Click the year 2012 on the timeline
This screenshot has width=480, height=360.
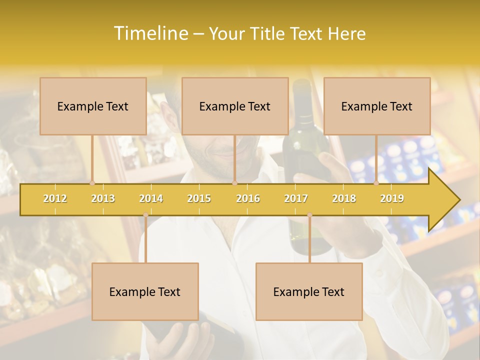point(55,198)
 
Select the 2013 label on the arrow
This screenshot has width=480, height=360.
point(103,198)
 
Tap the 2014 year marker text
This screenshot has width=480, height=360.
point(151,198)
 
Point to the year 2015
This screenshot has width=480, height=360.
point(199,198)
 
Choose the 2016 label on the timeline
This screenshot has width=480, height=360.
point(248,198)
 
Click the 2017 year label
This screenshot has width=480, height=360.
point(296,198)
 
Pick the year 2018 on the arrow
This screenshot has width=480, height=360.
point(344,198)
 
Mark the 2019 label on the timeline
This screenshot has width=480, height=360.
point(392,198)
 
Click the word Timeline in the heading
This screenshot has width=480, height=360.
point(150,33)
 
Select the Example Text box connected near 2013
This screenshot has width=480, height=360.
point(93,106)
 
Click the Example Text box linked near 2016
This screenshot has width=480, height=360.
point(235,106)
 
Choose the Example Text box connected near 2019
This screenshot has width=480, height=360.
point(377,106)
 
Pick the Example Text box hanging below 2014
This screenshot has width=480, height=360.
point(145,291)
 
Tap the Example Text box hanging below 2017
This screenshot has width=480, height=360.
point(309,291)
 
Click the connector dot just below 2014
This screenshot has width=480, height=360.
point(145,215)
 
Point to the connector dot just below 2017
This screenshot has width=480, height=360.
point(309,215)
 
